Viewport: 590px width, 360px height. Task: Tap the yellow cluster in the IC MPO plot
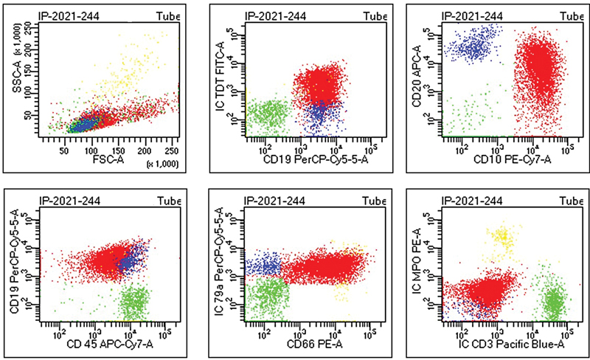point(503,237)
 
